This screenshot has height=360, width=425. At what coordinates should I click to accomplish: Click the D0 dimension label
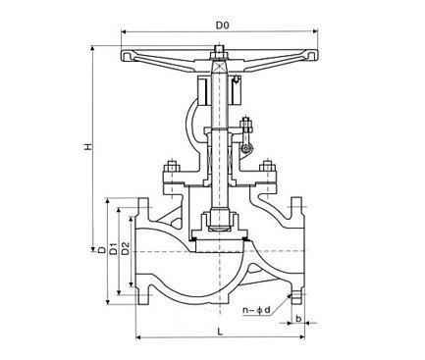coord(222,26)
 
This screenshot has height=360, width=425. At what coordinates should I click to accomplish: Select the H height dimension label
coord(87,147)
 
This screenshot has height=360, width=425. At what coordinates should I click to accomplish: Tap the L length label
coord(220,332)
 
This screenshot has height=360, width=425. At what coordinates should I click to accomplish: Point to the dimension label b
coord(298,318)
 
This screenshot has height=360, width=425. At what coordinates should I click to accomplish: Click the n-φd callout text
coord(257,310)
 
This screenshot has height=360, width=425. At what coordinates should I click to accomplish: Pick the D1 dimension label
coord(113,249)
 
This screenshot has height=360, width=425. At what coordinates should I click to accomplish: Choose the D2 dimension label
coord(126,249)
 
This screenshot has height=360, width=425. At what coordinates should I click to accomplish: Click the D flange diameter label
coord(102,250)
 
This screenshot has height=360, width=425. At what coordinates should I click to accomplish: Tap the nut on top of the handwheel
coord(219,52)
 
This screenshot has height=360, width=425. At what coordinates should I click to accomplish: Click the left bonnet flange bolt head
coord(171,167)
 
